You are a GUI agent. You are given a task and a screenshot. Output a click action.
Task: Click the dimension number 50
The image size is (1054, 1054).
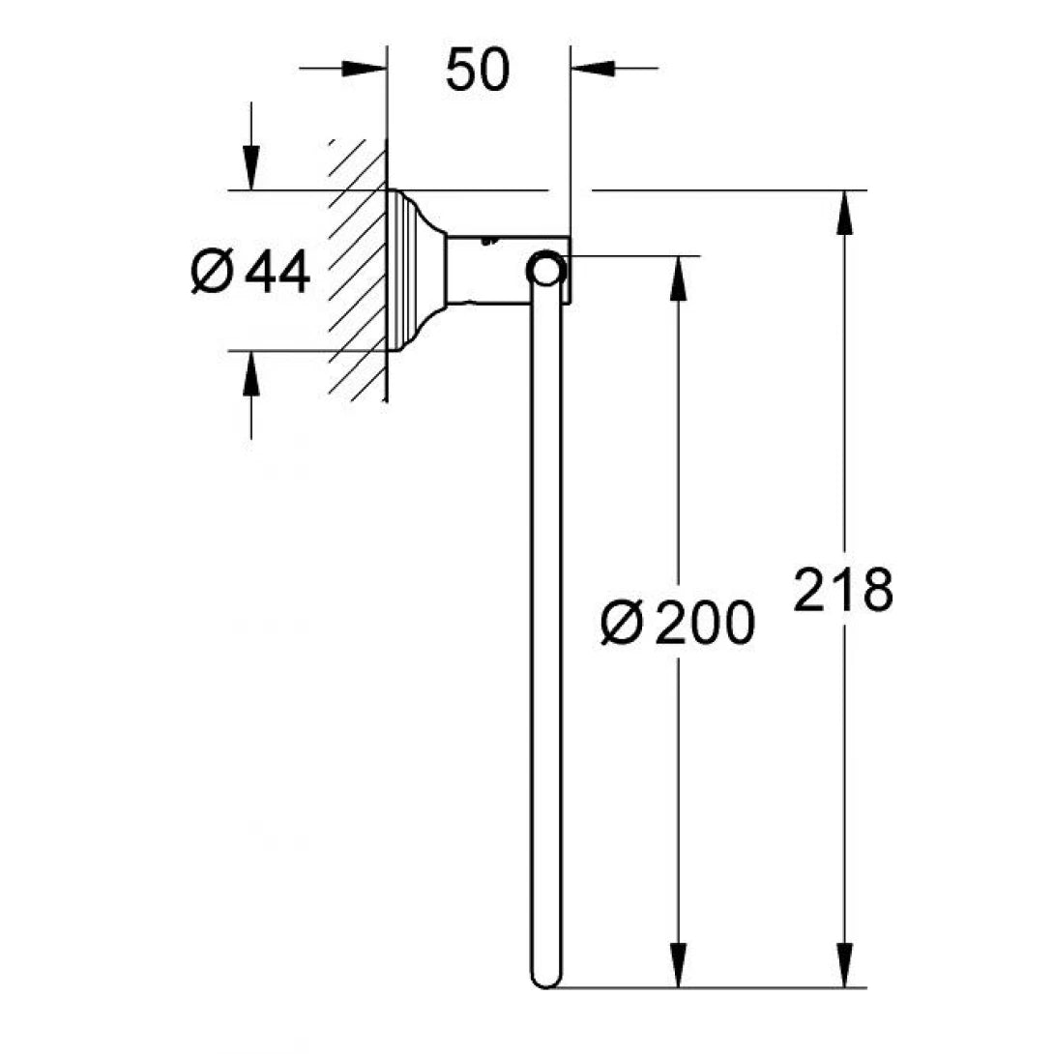tap(478, 71)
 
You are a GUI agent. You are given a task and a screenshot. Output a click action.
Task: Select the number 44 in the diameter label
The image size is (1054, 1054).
tap(278, 272)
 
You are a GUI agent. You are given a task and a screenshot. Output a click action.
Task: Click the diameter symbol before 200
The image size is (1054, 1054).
tap(621, 624)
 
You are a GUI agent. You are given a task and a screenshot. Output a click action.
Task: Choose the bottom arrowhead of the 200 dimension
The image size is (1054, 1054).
tap(680, 965)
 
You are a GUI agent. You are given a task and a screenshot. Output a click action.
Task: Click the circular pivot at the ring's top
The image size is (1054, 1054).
tap(545, 270)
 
